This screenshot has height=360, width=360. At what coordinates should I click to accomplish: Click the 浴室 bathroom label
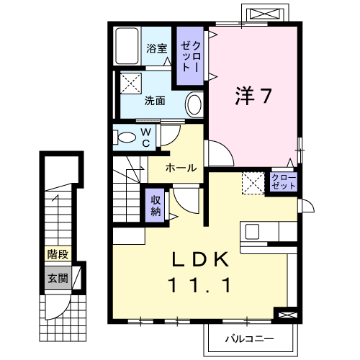pyautogui.click(x=157, y=48)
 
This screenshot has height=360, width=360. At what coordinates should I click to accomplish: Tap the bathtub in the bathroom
pyautogui.click(x=127, y=46)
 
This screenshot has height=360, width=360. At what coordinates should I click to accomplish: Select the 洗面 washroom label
pyautogui.click(x=155, y=101)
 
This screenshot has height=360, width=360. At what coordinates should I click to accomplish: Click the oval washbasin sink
pyautogui.click(x=194, y=104)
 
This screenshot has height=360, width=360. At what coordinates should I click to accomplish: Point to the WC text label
pyautogui.click(x=146, y=138)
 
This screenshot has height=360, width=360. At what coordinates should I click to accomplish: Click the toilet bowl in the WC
pyautogui.click(x=125, y=138)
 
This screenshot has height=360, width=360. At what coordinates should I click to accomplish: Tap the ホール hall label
pyautogui.click(x=181, y=168)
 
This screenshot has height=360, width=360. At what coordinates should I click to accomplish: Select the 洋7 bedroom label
pyautogui.click(x=253, y=96)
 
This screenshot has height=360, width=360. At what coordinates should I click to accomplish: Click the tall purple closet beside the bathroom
pyautogui.click(x=190, y=55)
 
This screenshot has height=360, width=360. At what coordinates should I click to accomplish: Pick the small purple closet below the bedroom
pyautogui.click(x=284, y=181)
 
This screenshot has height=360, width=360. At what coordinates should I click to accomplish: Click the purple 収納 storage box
pyautogui.click(x=155, y=205)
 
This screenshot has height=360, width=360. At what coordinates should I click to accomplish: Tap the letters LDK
pyautogui.click(x=200, y=260)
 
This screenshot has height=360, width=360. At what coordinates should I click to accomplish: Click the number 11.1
pyautogui.click(x=200, y=285)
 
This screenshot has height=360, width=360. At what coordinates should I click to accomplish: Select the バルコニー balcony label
pyautogui.click(x=249, y=339)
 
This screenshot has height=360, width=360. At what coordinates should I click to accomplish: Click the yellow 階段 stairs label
pyautogui.click(x=58, y=254)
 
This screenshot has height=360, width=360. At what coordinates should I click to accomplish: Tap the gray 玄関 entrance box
pyautogui.click(x=58, y=278)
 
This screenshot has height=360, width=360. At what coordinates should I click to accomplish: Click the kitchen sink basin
pyautogui.click(x=252, y=232)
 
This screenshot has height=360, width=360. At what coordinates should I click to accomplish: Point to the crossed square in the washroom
pyautogui.click(x=130, y=84)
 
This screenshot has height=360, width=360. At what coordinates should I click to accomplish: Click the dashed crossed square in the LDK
pyautogui.click(x=253, y=183)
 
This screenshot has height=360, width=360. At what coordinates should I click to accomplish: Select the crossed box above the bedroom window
pyautogui.click(x=265, y=14)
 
